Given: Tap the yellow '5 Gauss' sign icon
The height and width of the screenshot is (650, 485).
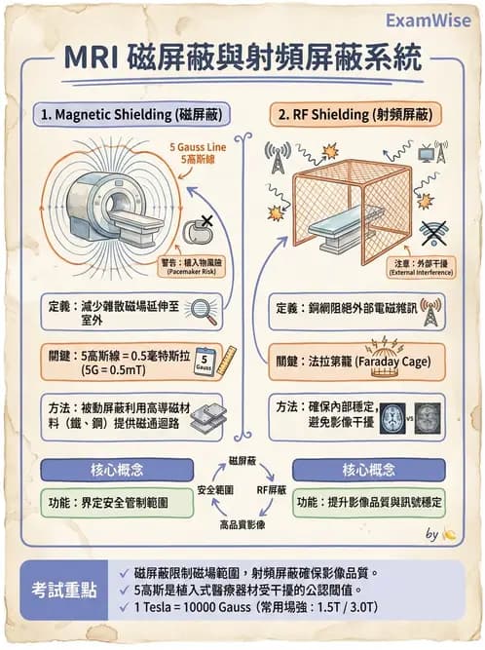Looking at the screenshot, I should coord(204,362).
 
